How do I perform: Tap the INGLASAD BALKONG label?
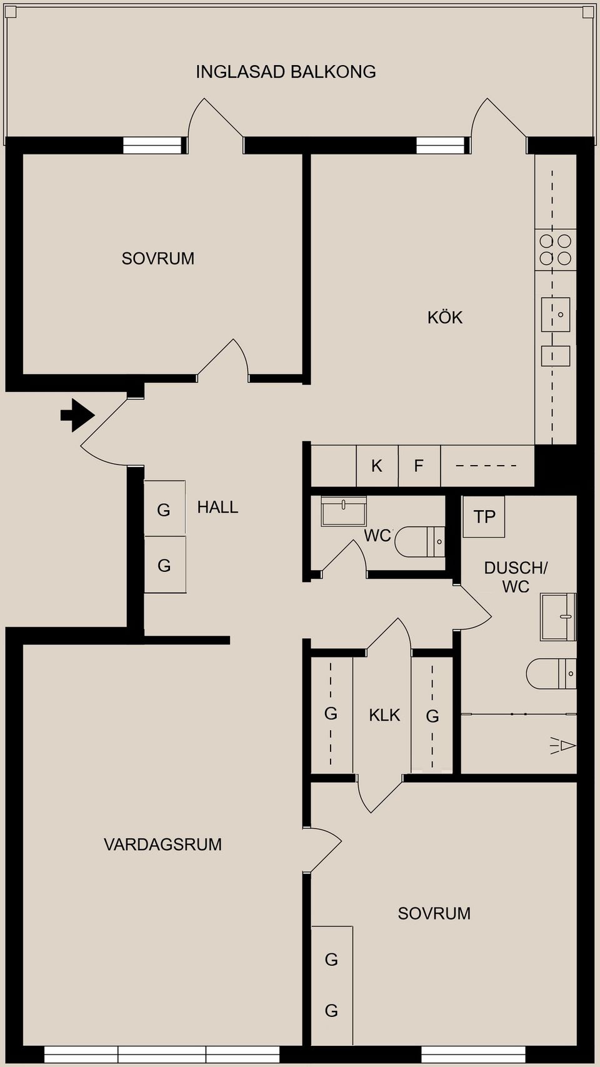coord(286,72)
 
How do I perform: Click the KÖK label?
coord(444,318)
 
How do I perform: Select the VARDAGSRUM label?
coord(162,844)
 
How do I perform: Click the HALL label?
coord(217,507)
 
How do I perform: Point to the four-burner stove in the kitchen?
coord(555,249)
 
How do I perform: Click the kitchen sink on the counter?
coord(556,314)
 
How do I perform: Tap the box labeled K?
coord(377,466)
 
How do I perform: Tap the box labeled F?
coord(419,466)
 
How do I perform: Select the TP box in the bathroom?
coord(484,517)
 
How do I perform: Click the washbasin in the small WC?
coord(343,511)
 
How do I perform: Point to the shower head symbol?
coord(564,745)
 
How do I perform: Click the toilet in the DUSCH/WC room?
coord(550,673)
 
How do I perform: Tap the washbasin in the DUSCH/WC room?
coord(557,617)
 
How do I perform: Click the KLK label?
coord(384,715)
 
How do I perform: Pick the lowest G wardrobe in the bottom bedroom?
coord(332,1010)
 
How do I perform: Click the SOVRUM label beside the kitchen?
coord(157,258)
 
